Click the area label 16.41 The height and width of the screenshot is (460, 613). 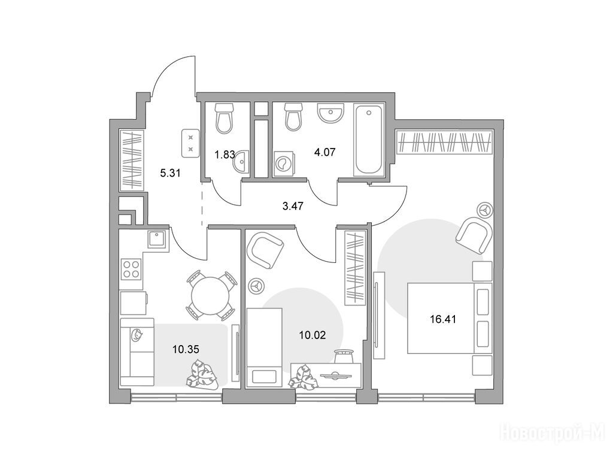(443, 320)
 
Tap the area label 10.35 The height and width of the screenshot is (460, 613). (186, 349)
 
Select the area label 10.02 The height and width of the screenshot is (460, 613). (312, 335)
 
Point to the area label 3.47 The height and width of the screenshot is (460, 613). (293, 206)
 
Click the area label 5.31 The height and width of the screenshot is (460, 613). (171, 172)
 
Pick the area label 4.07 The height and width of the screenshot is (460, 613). (325, 152)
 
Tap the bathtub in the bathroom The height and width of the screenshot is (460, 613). (368, 140)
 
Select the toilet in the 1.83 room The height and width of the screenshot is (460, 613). (224, 117)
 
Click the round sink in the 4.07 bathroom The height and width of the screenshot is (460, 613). (330, 113)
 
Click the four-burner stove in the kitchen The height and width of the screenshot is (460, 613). (131, 269)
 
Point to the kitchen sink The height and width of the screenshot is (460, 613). (157, 238)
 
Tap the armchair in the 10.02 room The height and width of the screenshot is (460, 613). (265, 250)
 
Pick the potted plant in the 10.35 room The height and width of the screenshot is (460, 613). (202, 376)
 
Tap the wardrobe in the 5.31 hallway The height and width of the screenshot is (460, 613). (132, 161)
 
